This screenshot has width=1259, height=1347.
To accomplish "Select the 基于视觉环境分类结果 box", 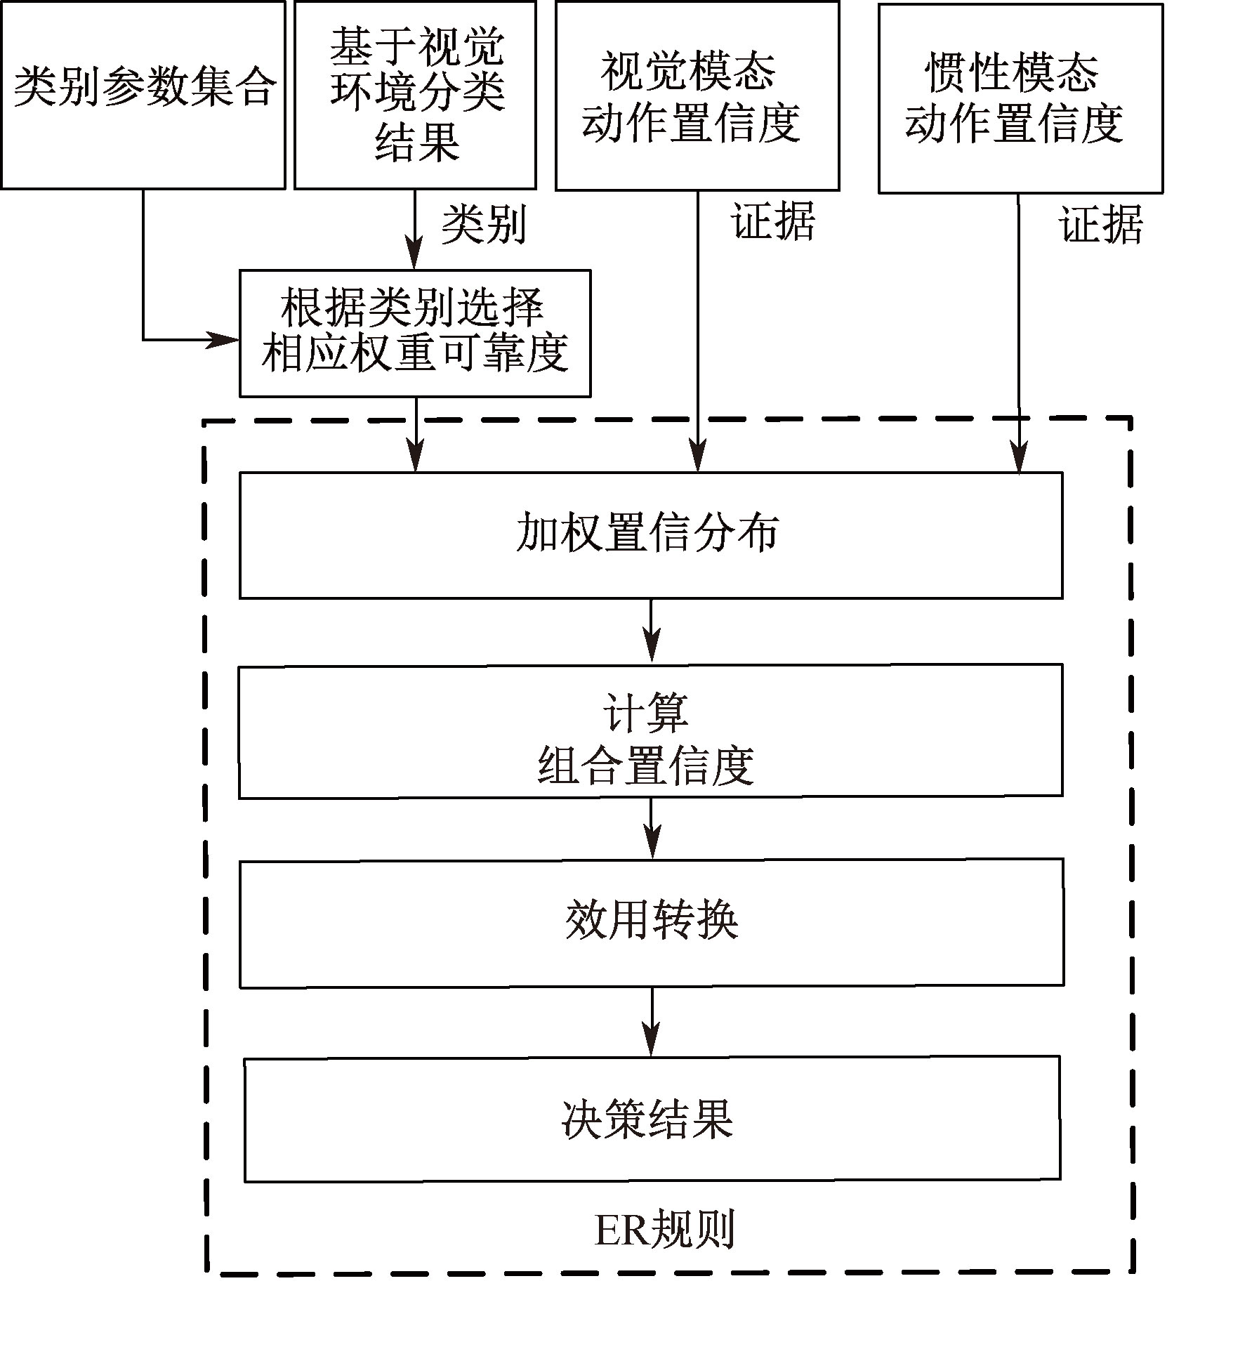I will [415, 95].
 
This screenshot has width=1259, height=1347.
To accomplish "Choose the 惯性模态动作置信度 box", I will [1020, 98].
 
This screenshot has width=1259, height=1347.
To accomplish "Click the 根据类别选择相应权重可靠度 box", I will [414, 333].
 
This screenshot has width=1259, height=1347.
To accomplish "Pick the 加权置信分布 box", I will [650, 534].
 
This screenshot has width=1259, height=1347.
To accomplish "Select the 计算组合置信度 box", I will [650, 730].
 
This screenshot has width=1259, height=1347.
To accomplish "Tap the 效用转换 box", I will [651, 922].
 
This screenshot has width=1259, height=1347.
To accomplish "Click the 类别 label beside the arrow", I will [483, 225].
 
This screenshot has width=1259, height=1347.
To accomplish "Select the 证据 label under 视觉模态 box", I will [773, 222].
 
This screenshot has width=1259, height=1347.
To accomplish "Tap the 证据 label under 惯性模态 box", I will [1100, 225].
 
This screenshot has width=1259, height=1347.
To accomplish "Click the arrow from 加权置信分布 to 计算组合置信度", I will [652, 630].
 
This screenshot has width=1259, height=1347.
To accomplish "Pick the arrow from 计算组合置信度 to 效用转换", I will [652, 827].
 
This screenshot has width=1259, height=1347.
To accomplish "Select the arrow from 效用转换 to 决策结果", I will [652, 1021].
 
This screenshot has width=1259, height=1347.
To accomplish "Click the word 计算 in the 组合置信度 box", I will [646, 712].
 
